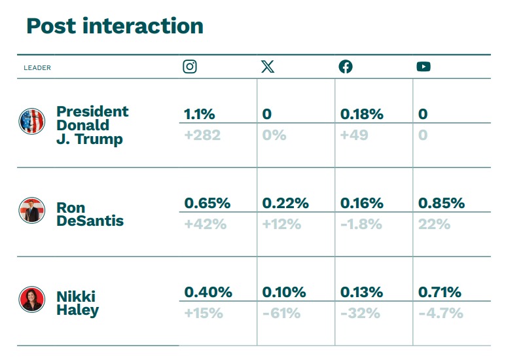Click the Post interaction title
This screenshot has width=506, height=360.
point(115,26)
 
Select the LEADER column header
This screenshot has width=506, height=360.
point(37,67)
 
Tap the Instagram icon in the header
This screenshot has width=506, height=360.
point(190,67)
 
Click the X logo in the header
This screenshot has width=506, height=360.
point(268,67)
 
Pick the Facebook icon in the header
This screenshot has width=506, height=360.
point(346,67)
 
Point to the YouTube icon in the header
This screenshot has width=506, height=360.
point(424,67)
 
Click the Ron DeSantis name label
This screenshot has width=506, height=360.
point(90,214)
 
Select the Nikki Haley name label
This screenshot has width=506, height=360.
point(77,303)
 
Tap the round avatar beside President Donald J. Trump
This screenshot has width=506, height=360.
point(31,121)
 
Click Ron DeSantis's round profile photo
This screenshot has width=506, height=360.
point(31,210)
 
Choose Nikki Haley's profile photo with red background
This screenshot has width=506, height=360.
point(31,299)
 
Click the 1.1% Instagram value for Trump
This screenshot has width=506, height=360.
point(199,114)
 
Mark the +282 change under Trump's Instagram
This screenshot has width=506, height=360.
point(202,135)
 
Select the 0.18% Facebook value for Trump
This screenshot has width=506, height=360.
point(362,114)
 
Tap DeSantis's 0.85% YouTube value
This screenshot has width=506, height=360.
point(441,203)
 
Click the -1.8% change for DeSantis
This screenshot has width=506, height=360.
point(361,225)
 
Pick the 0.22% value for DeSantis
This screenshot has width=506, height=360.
point(285,203)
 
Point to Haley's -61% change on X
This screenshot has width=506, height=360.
point(281,314)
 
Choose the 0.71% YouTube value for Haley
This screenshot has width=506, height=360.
point(440,293)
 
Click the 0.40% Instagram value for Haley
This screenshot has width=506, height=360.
point(208,293)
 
